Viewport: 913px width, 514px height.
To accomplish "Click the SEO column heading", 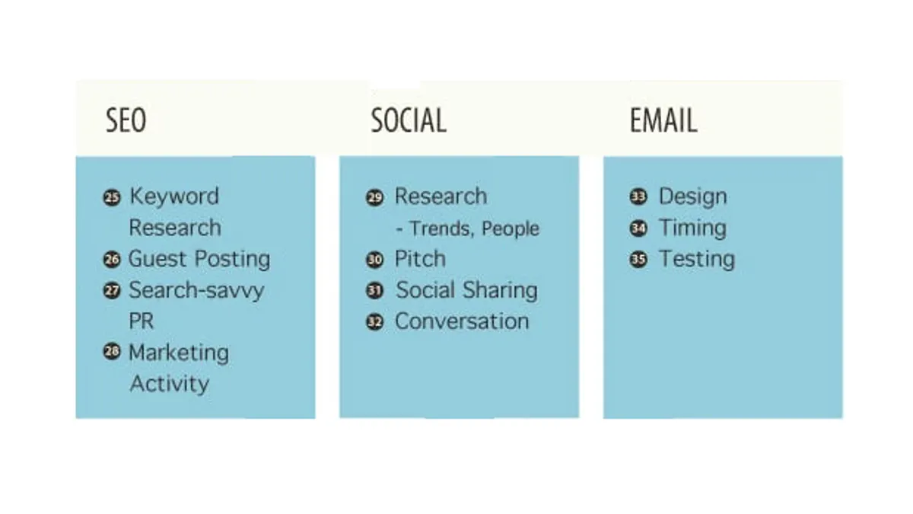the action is pyautogui.click(x=126, y=120).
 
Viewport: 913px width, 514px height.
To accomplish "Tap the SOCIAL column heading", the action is pyautogui.click(x=409, y=120).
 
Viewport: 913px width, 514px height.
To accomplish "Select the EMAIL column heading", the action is pyautogui.click(x=663, y=120).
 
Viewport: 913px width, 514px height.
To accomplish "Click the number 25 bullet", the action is pyautogui.click(x=112, y=198).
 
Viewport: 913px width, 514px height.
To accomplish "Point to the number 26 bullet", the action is pyautogui.click(x=112, y=260).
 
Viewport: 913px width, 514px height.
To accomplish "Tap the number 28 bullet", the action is pyautogui.click(x=112, y=352).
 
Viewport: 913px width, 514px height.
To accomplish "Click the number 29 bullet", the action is pyautogui.click(x=375, y=198).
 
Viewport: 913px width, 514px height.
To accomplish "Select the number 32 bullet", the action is pyautogui.click(x=375, y=322).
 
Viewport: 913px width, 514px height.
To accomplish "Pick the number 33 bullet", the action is pyautogui.click(x=638, y=197).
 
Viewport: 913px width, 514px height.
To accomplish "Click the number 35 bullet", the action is pyautogui.click(x=638, y=260).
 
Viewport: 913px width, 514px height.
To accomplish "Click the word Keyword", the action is pyautogui.click(x=174, y=196).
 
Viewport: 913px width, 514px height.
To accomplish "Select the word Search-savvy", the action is pyautogui.click(x=196, y=290).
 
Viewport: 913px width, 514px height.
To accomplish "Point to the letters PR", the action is pyautogui.click(x=142, y=321).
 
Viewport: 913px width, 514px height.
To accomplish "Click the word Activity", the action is pyautogui.click(x=170, y=385).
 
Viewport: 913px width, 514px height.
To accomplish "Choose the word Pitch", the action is pyautogui.click(x=420, y=259).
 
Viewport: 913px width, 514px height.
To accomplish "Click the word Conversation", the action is pyautogui.click(x=463, y=321).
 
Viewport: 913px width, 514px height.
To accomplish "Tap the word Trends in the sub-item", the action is pyautogui.click(x=442, y=229).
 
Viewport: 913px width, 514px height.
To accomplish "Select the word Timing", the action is pyautogui.click(x=693, y=228).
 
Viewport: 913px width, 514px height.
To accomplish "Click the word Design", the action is pyautogui.click(x=693, y=197).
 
